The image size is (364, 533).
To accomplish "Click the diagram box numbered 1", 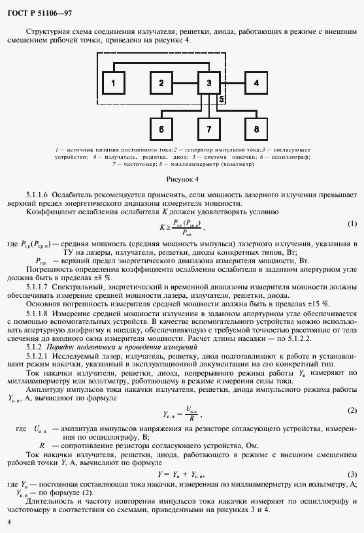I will point(114,84).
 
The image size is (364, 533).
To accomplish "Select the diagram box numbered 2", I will point(161,84).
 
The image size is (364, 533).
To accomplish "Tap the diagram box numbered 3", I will point(209,84).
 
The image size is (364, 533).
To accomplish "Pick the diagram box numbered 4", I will point(257,84).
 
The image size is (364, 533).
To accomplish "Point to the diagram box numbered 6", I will point(161,129).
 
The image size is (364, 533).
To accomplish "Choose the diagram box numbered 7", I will point(209,129).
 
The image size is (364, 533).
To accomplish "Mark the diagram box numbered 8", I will point(257,129).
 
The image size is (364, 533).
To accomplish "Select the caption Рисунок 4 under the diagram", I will point(182,178).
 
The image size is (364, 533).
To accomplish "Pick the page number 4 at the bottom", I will point(9,522).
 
